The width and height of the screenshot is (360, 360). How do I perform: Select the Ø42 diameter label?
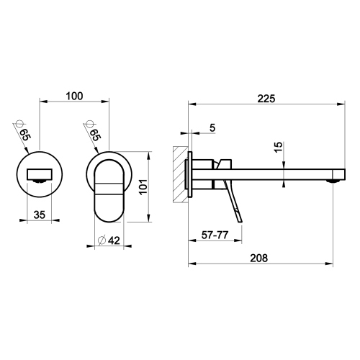(x=109, y=240)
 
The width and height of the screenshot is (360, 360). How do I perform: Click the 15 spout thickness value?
(x=278, y=148)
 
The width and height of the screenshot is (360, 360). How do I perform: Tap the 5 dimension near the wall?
(x=212, y=128)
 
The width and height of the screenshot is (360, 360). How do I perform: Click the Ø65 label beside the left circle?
(x=23, y=134)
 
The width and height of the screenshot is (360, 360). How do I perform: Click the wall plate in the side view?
(x=190, y=174)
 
